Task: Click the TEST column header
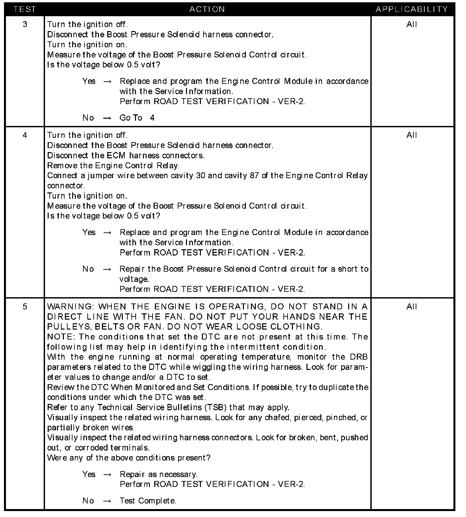click(x=25, y=9)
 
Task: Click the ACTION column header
click(x=207, y=9)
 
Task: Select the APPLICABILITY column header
click(x=412, y=9)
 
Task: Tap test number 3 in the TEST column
click(x=25, y=24)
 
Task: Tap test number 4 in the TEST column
click(x=25, y=135)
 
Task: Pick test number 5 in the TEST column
click(x=25, y=307)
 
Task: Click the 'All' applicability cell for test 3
click(x=412, y=24)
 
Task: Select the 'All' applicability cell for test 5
click(x=412, y=307)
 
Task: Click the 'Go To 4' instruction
click(x=137, y=118)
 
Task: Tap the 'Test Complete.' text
click(x=148, y=501)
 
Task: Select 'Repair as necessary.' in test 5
click(x=159, y=474)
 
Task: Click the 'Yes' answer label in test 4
click(x=89, y=232)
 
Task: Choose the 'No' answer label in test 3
click(x=88, y=118)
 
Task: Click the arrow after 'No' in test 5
click(x=107, y=501)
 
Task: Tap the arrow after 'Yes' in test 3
click(x=107, y=82)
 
